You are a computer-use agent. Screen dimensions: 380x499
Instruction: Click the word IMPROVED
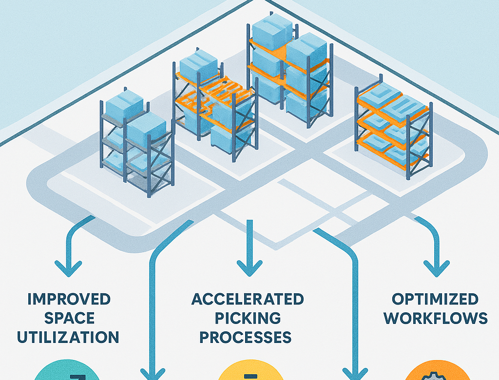coord(69,299)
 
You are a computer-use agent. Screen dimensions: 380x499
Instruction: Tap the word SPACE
coord(68,318)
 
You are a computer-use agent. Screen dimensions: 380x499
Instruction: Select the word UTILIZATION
coord(68,337)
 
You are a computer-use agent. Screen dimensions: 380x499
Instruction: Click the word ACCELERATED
coord(248,299)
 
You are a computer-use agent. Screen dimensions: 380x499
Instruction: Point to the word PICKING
coord(248,318)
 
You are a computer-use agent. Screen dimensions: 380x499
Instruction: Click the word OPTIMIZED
coord(435,299)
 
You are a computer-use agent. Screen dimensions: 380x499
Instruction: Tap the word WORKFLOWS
coord(435,318)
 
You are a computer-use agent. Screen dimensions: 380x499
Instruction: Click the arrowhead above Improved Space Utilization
coord(68,267)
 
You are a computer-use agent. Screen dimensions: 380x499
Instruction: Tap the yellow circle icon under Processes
coord(249,372)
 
